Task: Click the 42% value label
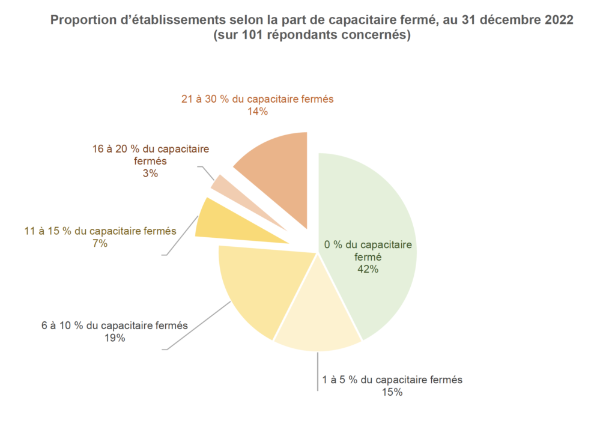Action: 368,270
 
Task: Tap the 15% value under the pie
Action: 392,392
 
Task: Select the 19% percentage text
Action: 114,338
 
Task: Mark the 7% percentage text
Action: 100,243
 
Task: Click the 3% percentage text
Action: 150,174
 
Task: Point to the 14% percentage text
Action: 257,111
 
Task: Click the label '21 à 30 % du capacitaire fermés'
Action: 257,99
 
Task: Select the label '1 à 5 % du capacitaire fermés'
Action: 392,380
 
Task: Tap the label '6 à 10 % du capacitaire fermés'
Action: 114,326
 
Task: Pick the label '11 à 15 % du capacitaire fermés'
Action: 100,231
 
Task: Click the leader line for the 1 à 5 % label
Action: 318,372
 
